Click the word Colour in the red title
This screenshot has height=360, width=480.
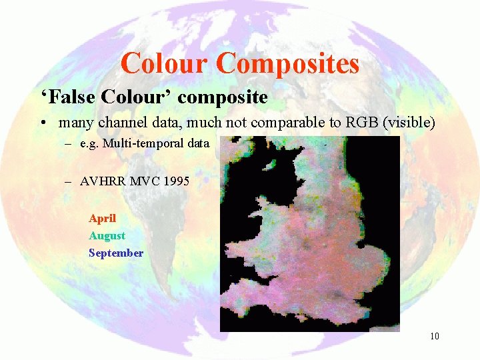click(x=165, y=64)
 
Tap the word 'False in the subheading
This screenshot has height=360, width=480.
click(x=69, y=97)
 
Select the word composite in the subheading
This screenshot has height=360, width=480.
click(x=223, y=98)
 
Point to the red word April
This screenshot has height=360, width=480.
click(x=102, y=218)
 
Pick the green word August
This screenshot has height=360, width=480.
click(x=107, y=235)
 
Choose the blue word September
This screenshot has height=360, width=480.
click(x=116, y=253)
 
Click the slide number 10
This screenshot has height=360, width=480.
click(x=435, y=335)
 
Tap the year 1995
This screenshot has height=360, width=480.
click(x=175, y=181)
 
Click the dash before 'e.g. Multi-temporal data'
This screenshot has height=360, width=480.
click(x=69, y=143)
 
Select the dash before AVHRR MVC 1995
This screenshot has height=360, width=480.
click(x=69, y=181)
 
